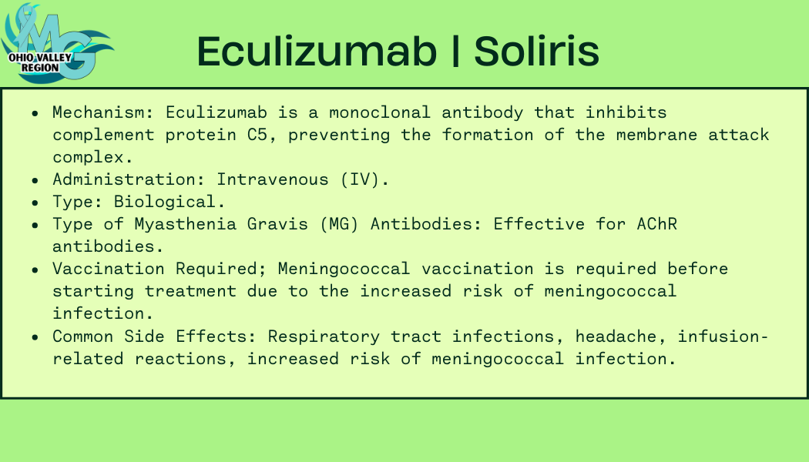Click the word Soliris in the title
coord(536,52)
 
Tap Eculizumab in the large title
coord(317,52)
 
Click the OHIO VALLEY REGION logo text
coord(40,62)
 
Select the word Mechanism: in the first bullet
coord(103,112)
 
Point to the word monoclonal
coord(380,112)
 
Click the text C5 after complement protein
coord(257,135)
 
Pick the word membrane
coord(656,135)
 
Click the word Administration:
coord(129,179)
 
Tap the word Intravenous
coord(273,179)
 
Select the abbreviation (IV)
coord(364,179)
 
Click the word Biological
coord(170,202)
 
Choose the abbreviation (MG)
coord(339,224)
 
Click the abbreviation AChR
coord(656,224)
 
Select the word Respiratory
coord(324,336)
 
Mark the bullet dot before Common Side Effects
coord(35,338)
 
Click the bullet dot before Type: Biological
coord(35,203)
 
